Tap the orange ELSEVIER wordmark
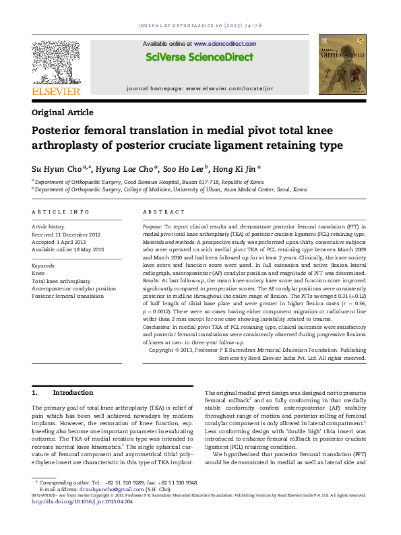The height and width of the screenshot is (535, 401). pos(56,91)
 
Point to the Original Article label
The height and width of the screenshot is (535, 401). pos(63,113)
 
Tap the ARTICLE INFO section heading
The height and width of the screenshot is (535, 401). pos(60,212)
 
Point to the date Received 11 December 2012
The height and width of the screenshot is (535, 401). pos(66,234)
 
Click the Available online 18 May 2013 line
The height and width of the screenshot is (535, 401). pos(68,249)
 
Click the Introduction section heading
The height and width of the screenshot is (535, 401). pos(73,392)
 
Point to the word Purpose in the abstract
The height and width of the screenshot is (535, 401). pos(152,227)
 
